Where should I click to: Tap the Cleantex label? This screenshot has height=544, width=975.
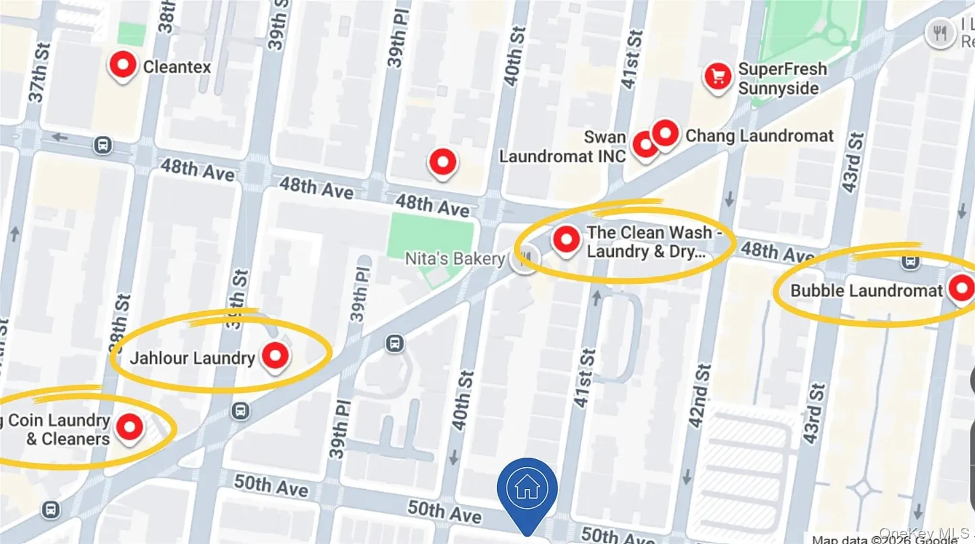177,67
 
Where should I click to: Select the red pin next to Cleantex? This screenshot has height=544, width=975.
122,65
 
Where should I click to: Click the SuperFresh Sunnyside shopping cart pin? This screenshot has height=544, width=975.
718,77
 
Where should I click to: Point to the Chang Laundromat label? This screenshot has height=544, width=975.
759,136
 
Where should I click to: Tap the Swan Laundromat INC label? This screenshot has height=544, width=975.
562,147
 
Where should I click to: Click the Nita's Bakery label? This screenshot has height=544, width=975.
455,259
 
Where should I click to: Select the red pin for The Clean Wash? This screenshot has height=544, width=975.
566,239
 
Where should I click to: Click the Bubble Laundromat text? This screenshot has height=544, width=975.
866,291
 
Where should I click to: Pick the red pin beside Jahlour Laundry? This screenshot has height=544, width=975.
275,356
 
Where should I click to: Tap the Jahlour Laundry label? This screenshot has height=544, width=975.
192,358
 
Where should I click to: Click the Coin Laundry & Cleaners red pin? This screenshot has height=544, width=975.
129,427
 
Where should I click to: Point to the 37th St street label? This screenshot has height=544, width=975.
39,73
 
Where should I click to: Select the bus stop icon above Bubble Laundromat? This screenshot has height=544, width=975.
910,261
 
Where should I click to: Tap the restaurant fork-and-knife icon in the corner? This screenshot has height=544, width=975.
939,33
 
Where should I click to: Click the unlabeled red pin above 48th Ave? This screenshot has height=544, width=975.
443,162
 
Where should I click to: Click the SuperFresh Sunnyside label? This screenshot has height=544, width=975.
782,79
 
